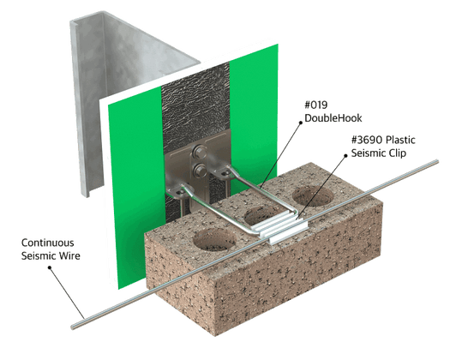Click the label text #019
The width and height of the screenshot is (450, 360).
coord(316,105)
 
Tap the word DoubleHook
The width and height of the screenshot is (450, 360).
coord(333,118)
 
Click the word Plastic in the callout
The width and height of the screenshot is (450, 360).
coord(400,140)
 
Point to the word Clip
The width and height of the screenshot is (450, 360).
coord(398,153)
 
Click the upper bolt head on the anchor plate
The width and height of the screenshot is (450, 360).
coord(199,151)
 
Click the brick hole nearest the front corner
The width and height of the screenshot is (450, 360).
coord(214,239)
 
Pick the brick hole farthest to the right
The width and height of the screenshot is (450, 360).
coord(313,195)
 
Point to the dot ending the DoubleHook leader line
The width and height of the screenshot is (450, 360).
coord(301,123)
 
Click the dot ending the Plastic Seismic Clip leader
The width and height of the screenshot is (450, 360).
coord(345,156)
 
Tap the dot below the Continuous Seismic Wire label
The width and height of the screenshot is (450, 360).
coord(50,267)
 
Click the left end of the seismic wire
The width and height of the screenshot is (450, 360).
coord(73,327)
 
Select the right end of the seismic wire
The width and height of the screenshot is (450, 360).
coord(437,162)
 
